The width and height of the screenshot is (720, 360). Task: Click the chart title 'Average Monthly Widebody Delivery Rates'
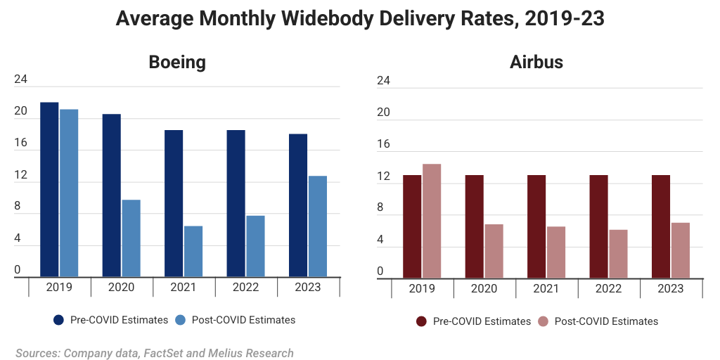359,19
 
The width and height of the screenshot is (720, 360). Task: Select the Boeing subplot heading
177,62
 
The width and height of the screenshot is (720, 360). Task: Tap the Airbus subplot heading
536,62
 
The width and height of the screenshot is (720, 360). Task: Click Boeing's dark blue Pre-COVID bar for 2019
49,190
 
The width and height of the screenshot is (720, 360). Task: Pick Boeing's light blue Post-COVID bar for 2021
193,251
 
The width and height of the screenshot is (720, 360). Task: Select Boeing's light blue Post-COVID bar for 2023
318,226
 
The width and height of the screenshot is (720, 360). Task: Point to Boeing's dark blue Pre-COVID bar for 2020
111,195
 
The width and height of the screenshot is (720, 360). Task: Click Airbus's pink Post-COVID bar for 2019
432,221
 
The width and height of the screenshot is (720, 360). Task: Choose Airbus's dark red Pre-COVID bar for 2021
536,226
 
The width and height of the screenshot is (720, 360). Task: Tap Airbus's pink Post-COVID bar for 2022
618,254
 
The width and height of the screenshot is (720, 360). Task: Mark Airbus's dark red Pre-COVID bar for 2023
661,226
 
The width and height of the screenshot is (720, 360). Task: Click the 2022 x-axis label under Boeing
245,287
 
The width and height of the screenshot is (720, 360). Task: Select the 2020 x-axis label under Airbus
484,288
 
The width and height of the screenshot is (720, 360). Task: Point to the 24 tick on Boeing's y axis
20,79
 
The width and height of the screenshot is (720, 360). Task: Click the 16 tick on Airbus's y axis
383,144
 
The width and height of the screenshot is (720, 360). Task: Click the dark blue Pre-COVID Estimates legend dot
59,320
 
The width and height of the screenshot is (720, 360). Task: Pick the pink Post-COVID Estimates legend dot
543,321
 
